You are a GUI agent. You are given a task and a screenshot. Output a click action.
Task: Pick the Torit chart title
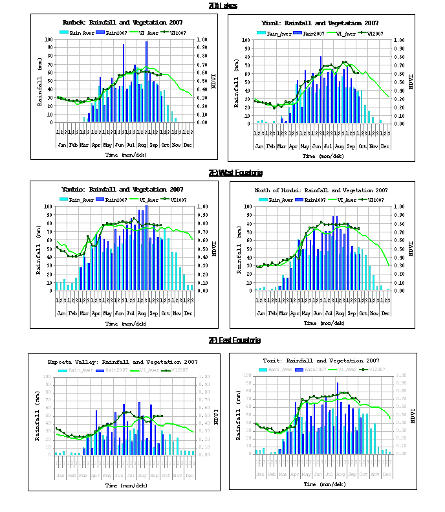[321, 361]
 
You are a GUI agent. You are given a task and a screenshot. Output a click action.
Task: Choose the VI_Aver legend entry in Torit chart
[340, 370]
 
